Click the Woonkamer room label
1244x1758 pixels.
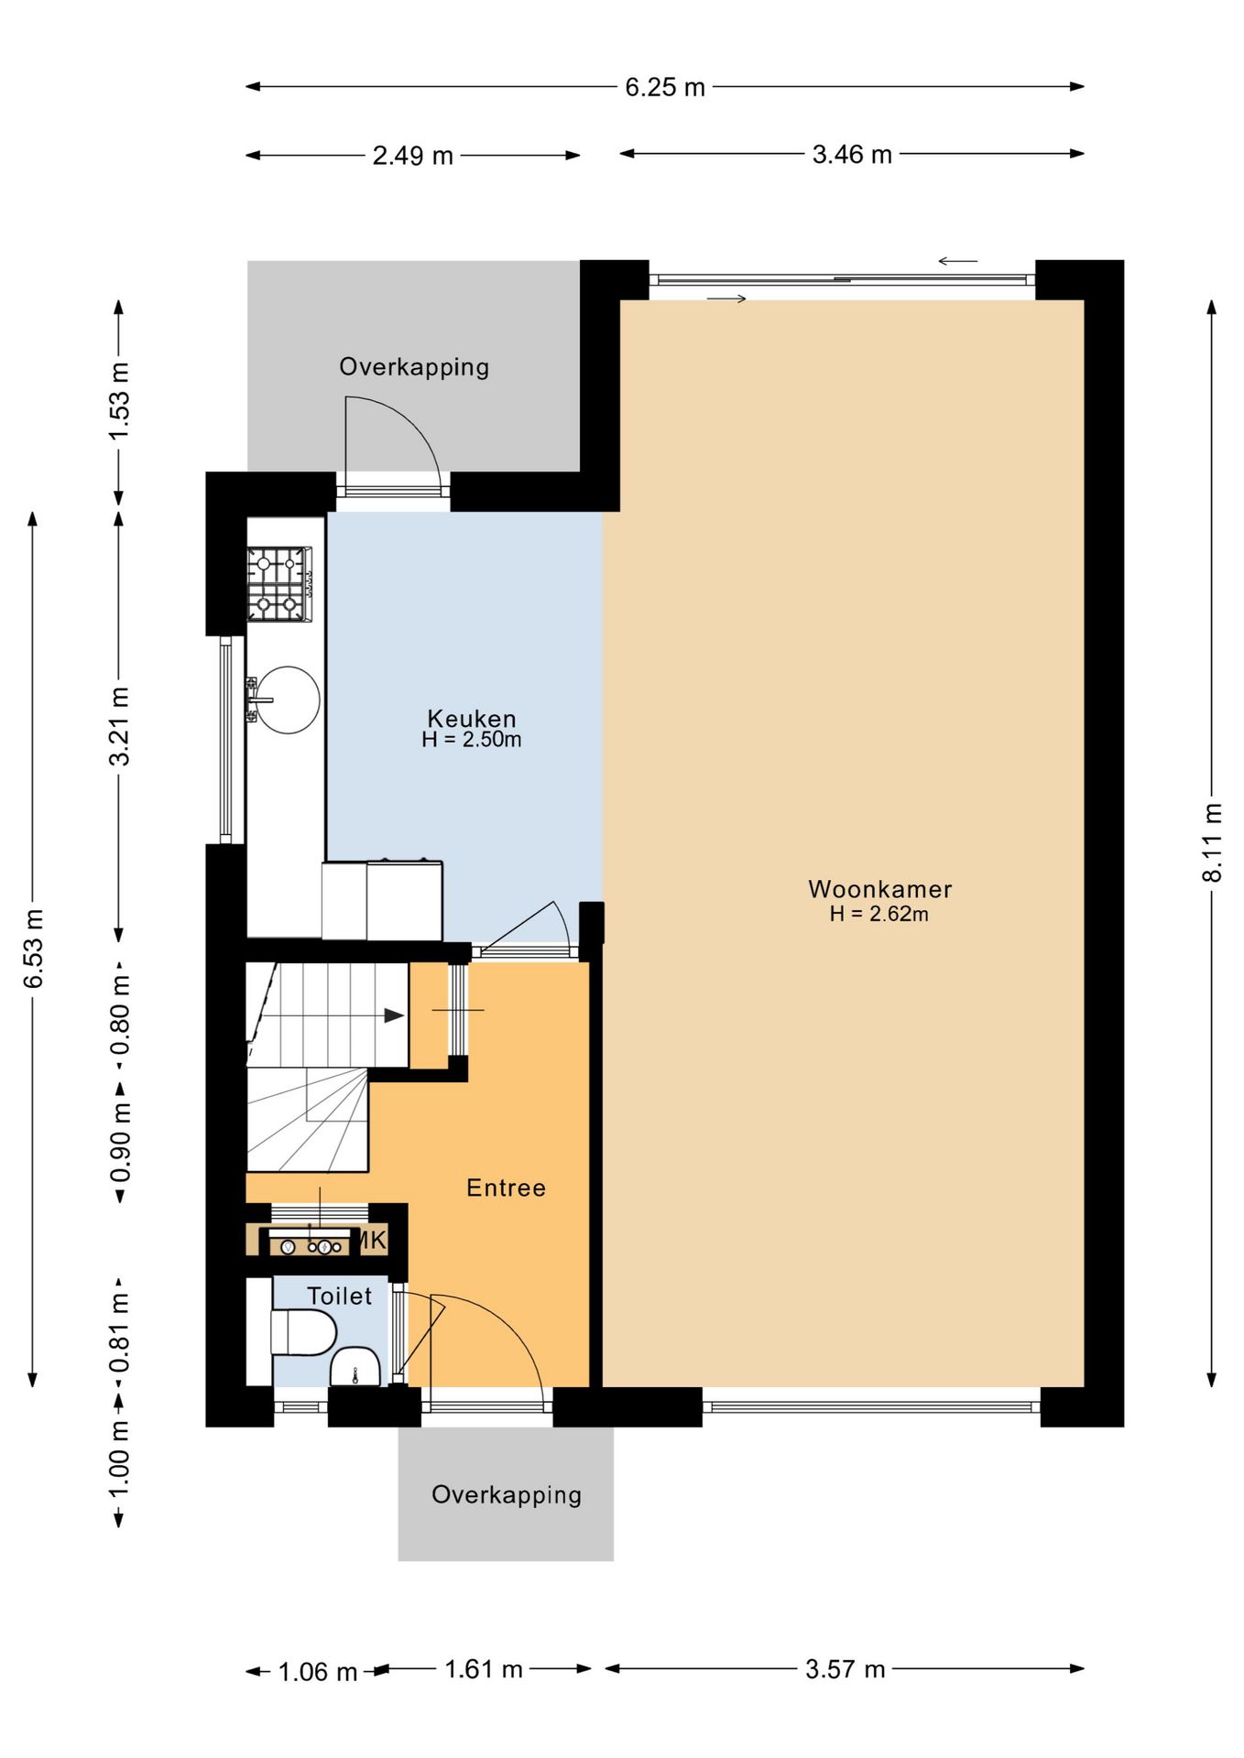(879, 889)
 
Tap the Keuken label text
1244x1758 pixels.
(472, 719)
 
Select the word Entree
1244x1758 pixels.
(506, 1188)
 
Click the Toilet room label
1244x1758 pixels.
(339, 1296)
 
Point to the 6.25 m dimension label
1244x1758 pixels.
(665, 87)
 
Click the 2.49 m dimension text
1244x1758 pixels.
(412, 156)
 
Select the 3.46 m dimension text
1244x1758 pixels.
(852, 154)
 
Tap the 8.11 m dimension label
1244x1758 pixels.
(1213, 842)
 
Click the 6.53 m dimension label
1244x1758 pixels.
(34, 949)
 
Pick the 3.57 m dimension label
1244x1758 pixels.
(846, 1669)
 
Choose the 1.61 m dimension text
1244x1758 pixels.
(484, 1669)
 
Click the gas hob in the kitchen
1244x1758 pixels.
(279, 584)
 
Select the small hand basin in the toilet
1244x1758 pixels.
(355, 1367)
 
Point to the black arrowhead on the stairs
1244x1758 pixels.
(394, 1015)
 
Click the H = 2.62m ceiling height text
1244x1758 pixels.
(878, 914)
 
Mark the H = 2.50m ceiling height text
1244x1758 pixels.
(472, 740)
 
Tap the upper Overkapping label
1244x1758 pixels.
(414, 367)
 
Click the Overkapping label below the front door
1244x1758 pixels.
(507, 1495)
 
